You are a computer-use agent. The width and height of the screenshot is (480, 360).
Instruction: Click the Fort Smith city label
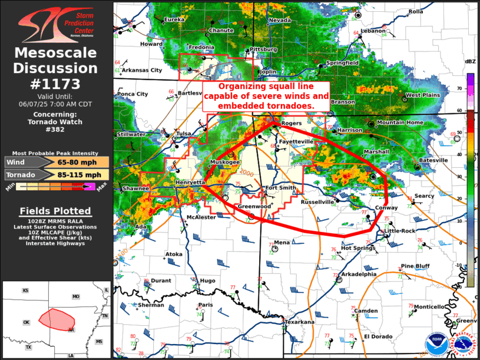pos(280,188)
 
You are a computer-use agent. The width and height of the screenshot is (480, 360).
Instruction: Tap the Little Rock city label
pos(401,230)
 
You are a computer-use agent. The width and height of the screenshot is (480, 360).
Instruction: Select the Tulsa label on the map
pos(184,134)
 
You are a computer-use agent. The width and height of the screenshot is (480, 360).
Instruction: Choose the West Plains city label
pos(423,95)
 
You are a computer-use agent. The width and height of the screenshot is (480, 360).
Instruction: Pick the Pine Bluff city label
pos(415,266)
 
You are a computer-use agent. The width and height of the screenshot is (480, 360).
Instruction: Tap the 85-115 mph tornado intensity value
pos(78,175)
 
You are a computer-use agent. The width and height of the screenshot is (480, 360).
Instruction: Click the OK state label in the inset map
pos(26,322)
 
